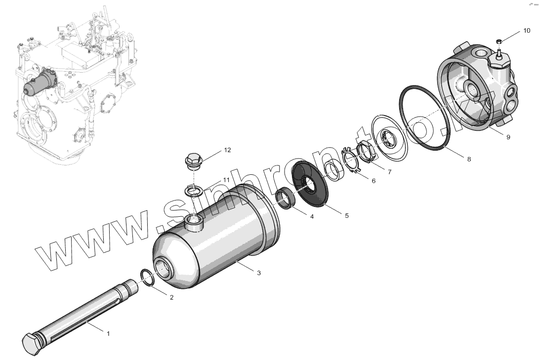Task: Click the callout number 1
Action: pyautogui.click(x=108, y=333)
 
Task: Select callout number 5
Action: pyautogui.click(x=346, y=215)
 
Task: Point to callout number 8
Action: pyautogui.click(x=468, y=159)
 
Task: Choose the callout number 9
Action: pyautogui.click(x=508, y=137)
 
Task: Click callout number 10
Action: pyautogui.click(x=527, y=31)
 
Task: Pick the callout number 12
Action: pyautogui.click(x=227, y=149)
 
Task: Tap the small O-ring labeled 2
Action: pyautogui.click(x=148, y=277)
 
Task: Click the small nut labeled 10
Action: pyautogui.click(x=499, y=41)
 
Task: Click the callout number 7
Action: pyautogui.click(x=389, y=172)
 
